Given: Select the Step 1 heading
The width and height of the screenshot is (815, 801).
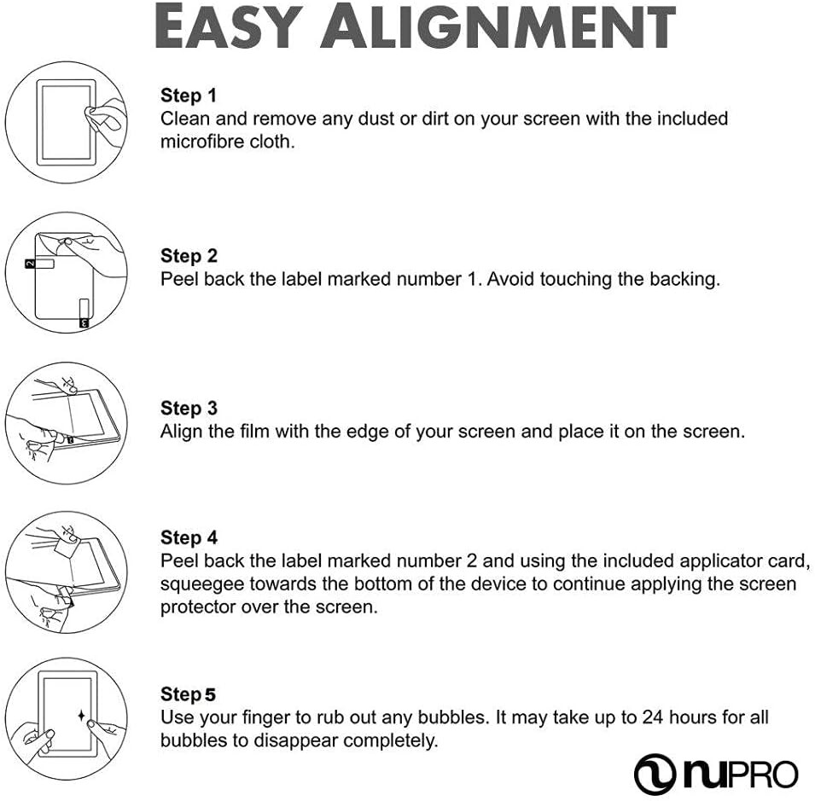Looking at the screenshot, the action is point(188,96).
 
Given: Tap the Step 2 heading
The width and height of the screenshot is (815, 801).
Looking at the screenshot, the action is point(189,256).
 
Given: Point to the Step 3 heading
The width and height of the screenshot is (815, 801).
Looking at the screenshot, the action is point(189,409).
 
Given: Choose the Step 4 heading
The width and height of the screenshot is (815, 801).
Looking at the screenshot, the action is point(189,537).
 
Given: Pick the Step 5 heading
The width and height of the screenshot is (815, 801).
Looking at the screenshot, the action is point(188,694).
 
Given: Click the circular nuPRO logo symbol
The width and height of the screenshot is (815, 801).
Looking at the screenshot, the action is point(655,775).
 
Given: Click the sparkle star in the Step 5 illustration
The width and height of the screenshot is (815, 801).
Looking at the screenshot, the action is point(81,716).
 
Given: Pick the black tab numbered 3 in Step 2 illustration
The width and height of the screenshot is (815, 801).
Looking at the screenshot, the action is point(84,323).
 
